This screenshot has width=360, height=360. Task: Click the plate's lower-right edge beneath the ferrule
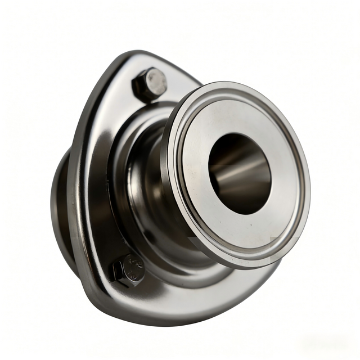[x=247, y=281]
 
